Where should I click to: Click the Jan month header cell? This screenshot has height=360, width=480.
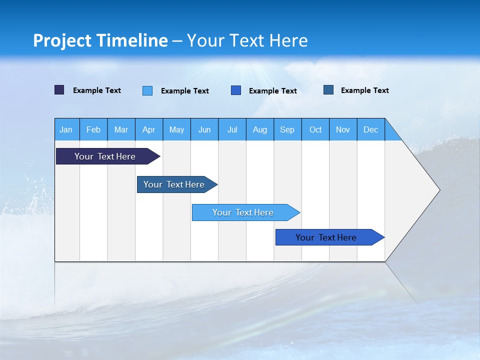[66, 129]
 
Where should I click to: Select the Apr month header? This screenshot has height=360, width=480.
[149, 129]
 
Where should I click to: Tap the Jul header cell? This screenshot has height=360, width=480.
[232, 129]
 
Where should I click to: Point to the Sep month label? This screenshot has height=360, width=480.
[287, 129]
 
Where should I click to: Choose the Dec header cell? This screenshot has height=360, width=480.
[370, 129]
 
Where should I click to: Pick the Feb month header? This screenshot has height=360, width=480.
[93, 129]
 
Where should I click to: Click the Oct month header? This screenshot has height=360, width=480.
[315, 129]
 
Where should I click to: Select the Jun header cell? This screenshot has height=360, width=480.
[204, 129]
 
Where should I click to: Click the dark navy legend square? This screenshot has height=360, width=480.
[59, 90]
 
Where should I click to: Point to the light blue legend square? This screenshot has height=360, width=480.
[147, 90]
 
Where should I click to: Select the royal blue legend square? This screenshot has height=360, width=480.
[236, 90]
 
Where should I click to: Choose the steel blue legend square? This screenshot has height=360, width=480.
[328, 90]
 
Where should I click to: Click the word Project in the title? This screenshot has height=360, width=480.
[62, 40]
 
